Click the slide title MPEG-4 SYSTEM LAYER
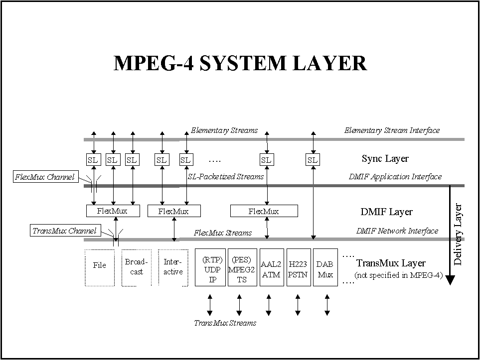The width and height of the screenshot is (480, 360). (240, 63)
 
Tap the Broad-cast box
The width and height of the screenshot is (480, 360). (137, 267)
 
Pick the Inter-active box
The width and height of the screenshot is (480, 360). (173, 267)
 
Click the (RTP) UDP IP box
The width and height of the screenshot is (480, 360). (210, 268)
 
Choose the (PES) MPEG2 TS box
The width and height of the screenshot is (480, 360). (242, 268)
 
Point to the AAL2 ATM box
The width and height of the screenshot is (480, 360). (271, 268)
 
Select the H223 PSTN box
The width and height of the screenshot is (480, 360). (298, 268)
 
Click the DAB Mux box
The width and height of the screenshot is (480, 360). (325, 268)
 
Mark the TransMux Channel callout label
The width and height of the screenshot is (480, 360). (64, 231)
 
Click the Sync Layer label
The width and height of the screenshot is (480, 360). (385, 159)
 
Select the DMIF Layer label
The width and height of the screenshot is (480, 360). (386, 212)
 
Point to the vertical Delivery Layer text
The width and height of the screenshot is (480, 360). (459, 234)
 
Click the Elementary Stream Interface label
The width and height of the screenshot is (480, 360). (392, 130)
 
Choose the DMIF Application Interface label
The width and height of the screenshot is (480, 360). (395, 177)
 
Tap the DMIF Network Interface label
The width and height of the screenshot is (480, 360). (397, 231)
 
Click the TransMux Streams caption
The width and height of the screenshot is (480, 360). (225, 323)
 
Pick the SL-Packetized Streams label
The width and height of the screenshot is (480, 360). (226, 176)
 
